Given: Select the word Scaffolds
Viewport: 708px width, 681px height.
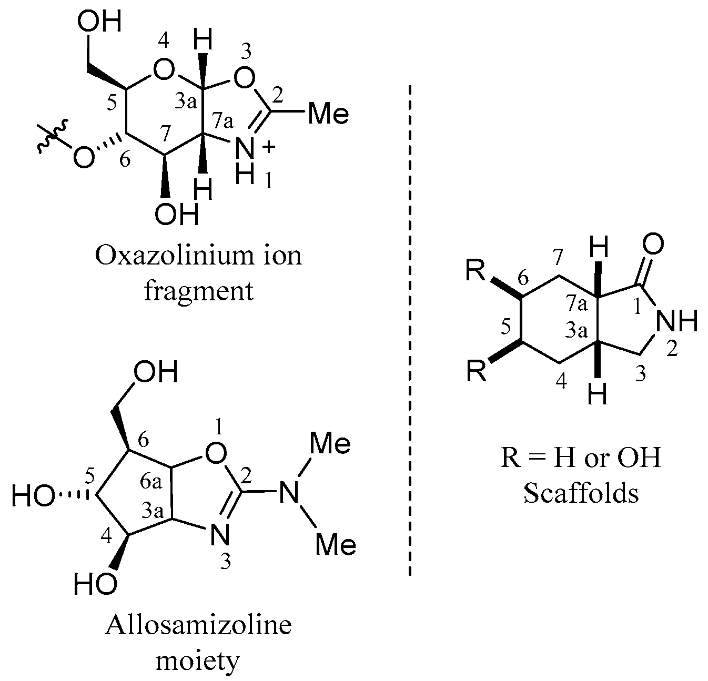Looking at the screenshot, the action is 581,493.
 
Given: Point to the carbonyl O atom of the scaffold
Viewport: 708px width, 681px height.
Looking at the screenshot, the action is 653,246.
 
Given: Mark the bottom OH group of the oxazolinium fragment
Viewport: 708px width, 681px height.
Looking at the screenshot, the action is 177,215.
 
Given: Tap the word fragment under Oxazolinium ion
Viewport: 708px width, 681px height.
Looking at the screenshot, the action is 199,291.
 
